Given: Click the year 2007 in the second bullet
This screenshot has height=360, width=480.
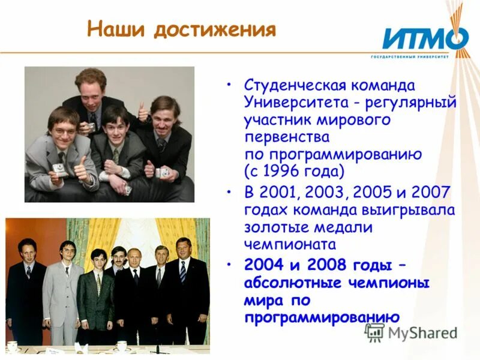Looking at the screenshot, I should pyautogui.click(x=435, y=193).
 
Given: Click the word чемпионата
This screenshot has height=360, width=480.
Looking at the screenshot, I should pyautogui.click(x=290, y=244).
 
